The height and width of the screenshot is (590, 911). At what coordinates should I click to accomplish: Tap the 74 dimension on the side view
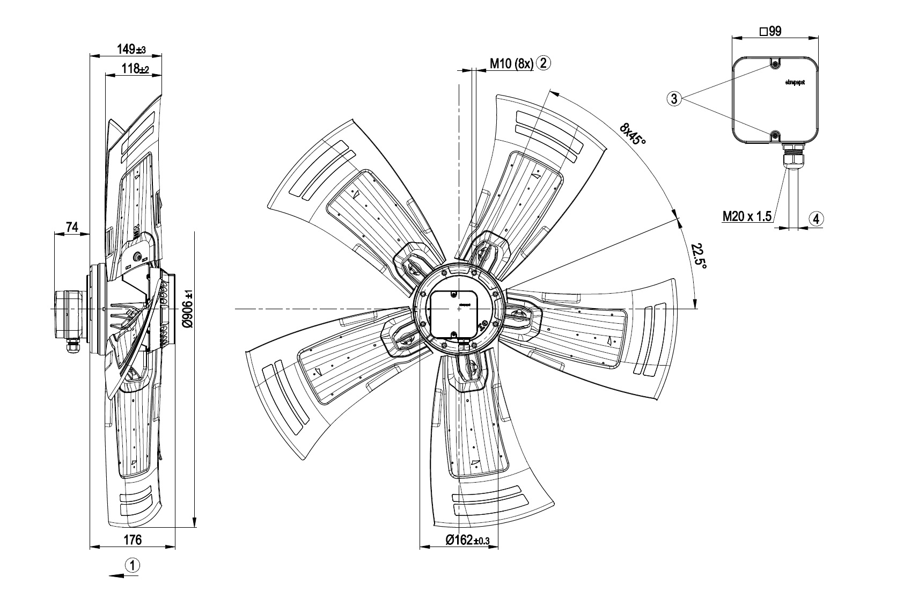click(x=72, y=228)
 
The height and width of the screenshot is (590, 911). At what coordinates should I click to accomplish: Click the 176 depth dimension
click(x=133, y=540)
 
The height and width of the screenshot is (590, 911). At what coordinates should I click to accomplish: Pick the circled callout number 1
click(x=132, y=565)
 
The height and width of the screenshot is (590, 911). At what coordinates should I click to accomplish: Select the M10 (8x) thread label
click(x=511, y=63)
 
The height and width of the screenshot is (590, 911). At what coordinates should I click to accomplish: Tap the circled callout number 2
click(x=543, y=63)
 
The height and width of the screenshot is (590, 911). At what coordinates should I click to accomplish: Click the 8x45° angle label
click(x=633, y=134)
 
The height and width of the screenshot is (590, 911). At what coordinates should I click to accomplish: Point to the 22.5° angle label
click(x=699, y=257)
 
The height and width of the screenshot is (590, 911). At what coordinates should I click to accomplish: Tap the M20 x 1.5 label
click(x=747, y=216)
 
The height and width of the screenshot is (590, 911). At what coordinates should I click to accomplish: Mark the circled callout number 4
click(x=816, y=218)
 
